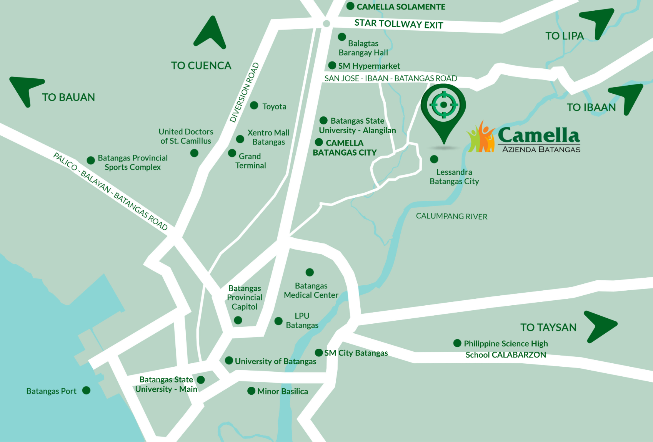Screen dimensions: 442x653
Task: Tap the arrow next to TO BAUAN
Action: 25,89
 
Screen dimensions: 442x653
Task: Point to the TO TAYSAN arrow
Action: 599,326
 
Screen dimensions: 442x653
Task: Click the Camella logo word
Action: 538,135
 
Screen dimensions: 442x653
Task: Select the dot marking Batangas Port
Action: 87,391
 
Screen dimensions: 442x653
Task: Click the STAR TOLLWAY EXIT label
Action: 398,24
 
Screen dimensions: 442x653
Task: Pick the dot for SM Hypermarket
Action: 332,66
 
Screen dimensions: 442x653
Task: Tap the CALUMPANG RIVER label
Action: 451,216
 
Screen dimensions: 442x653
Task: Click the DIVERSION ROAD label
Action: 245,93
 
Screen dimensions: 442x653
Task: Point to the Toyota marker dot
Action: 254,106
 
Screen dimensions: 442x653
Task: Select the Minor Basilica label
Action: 282,391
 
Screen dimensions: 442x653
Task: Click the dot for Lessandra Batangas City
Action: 434,159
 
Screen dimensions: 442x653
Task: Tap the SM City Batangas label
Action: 356,353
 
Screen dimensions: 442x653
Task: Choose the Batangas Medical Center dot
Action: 310,273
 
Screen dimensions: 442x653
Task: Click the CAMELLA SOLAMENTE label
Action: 401,7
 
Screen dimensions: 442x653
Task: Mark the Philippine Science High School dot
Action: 457,343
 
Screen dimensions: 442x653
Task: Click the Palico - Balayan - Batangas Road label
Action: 110,191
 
